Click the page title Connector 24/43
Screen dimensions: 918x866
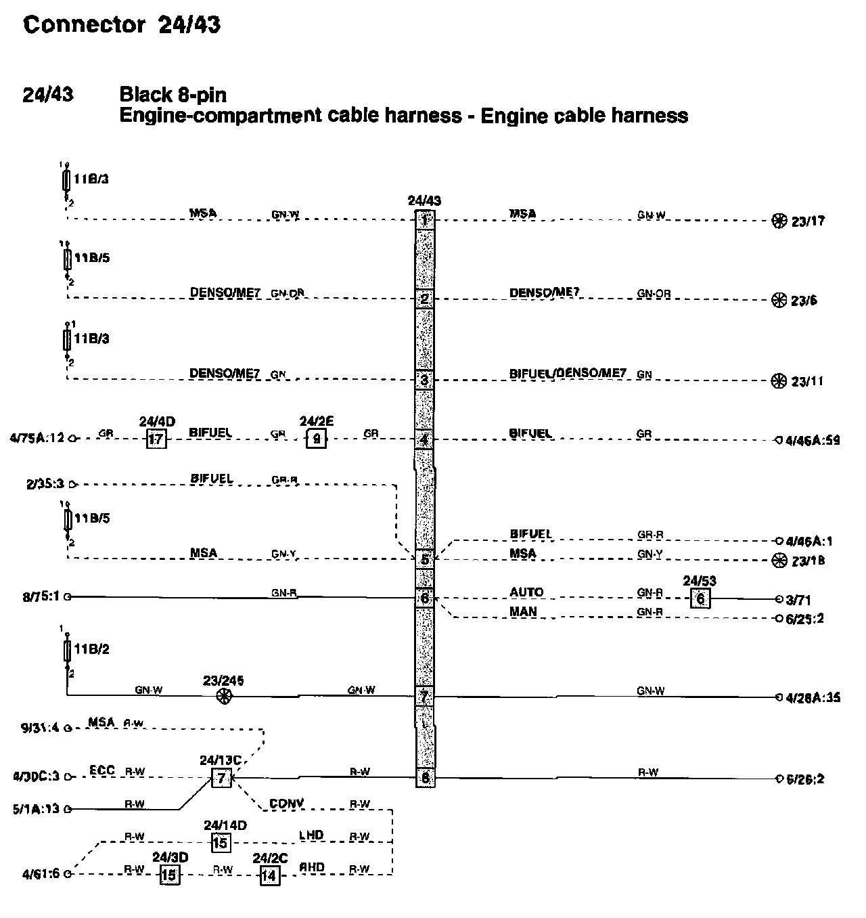click(x=122, y=25)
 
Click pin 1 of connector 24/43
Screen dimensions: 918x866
click(x=424, y=219)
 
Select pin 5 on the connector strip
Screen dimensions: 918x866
click(x=424, y=559)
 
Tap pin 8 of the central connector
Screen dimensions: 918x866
click(x=425, y=778)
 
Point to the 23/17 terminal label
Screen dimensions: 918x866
click(x=808, y=221)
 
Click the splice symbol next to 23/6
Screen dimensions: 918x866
click(x=779, y=300)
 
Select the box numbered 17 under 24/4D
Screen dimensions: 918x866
click(x=156, y=439)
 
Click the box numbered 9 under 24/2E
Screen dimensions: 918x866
click(x=316, y=439)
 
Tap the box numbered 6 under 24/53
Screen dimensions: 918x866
click(x=700, y=598)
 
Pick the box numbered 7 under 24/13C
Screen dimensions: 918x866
click(x=221, y=778)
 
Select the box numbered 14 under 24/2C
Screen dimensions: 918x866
click(x=269, y=875)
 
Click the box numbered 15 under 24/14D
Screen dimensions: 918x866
click(x=221, y=843)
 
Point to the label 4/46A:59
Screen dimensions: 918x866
click(x=813, y=440)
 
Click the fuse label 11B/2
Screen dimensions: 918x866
click(x=91, y=650)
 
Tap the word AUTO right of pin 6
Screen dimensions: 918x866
click(x=526, y=592)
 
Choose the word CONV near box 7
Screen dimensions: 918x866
click(x=287, y=804)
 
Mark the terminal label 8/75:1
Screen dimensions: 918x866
click(x=41, y=597)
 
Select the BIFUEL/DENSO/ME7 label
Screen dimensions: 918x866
click(x=568, y=373)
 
